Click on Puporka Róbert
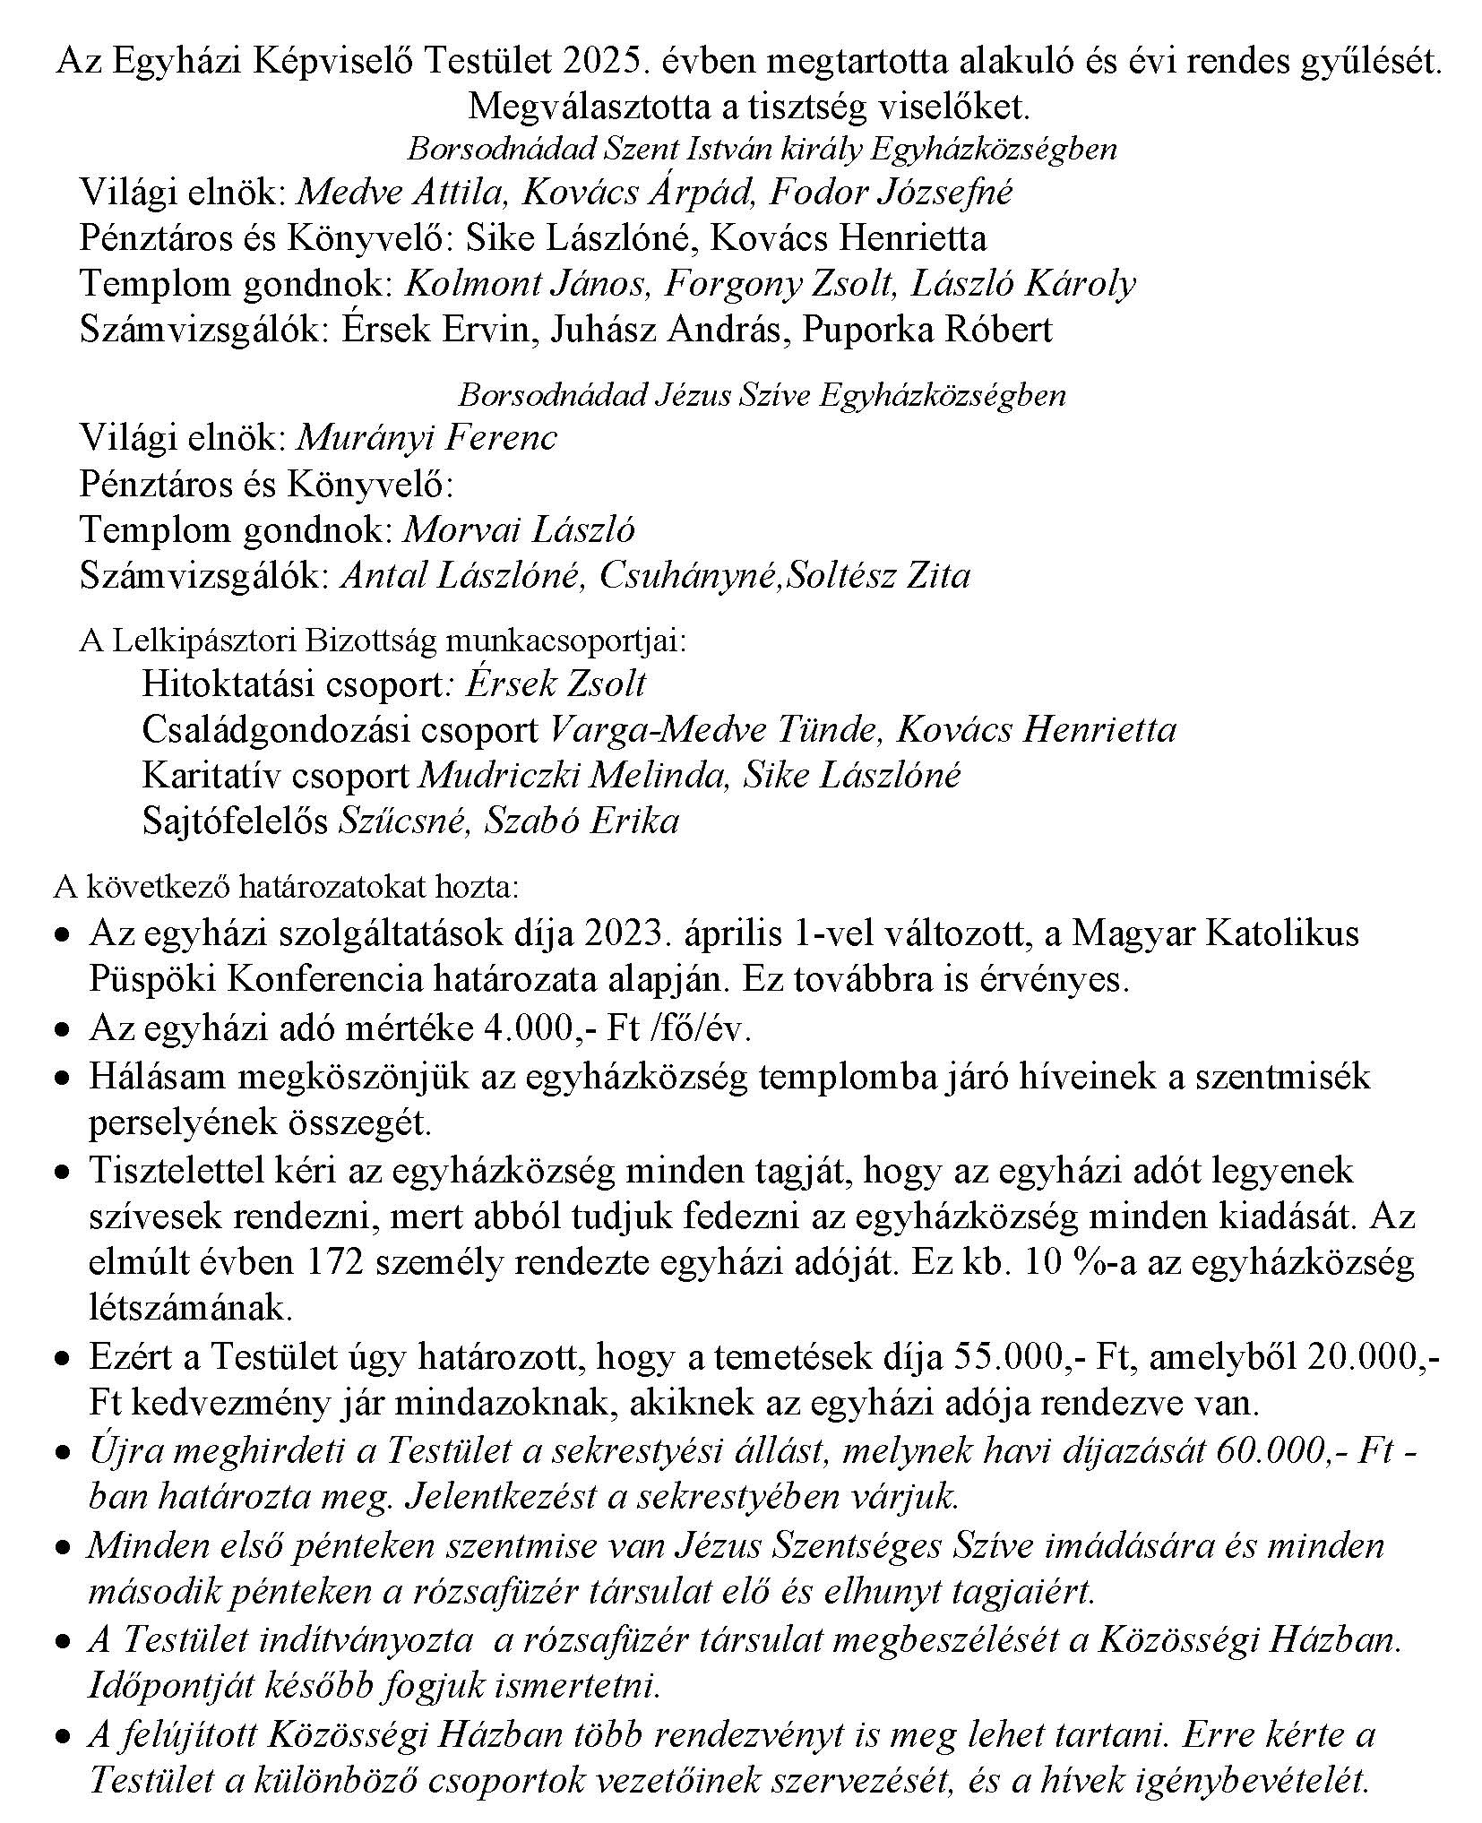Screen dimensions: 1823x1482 [x=927, y=331]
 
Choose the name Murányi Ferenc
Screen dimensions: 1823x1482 [x=427, y=438]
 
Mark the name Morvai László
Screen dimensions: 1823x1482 [x=520, y=530]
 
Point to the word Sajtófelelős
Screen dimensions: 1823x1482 [x=235, y=821]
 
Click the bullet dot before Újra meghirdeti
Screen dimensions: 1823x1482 [x=62, y=1455]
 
